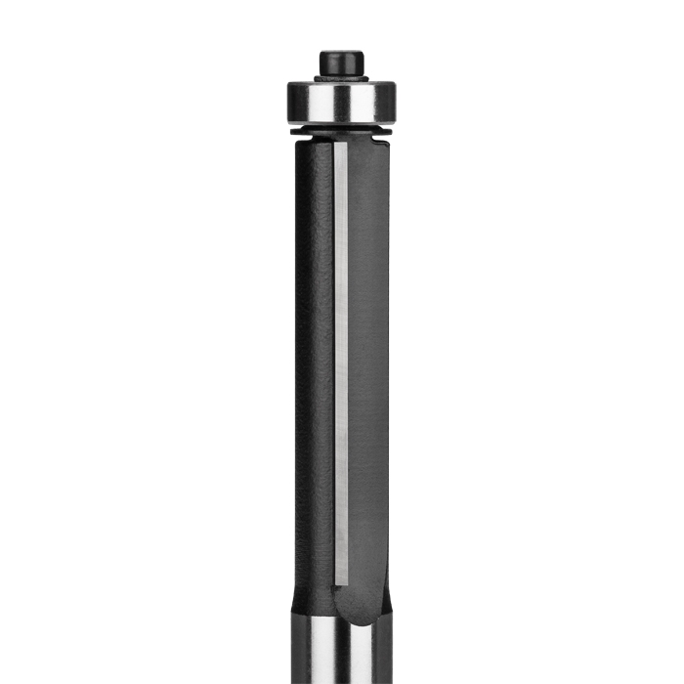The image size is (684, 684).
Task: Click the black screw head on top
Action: click(x=341, y=61)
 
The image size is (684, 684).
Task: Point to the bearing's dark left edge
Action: click(x=290, y=102)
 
